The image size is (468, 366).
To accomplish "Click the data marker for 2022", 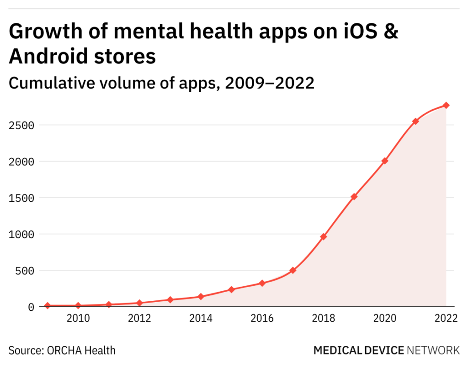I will point(446,105).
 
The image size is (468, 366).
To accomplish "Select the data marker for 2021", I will point(415,121).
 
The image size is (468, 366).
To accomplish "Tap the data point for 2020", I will point(385,161).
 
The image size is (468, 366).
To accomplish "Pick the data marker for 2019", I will point(354,197).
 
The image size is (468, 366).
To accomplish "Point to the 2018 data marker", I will point(324,236).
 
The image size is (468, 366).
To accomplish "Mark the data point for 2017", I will point(293,270).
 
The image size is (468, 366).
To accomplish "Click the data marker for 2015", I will point(231,289).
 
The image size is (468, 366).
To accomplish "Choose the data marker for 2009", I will point(47,305).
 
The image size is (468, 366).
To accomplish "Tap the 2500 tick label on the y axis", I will point(21,125).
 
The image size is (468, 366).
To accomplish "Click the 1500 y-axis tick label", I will point(21,198).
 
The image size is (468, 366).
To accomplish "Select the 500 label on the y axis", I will point(25,271).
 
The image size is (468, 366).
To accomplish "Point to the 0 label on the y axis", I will point(31,307).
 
